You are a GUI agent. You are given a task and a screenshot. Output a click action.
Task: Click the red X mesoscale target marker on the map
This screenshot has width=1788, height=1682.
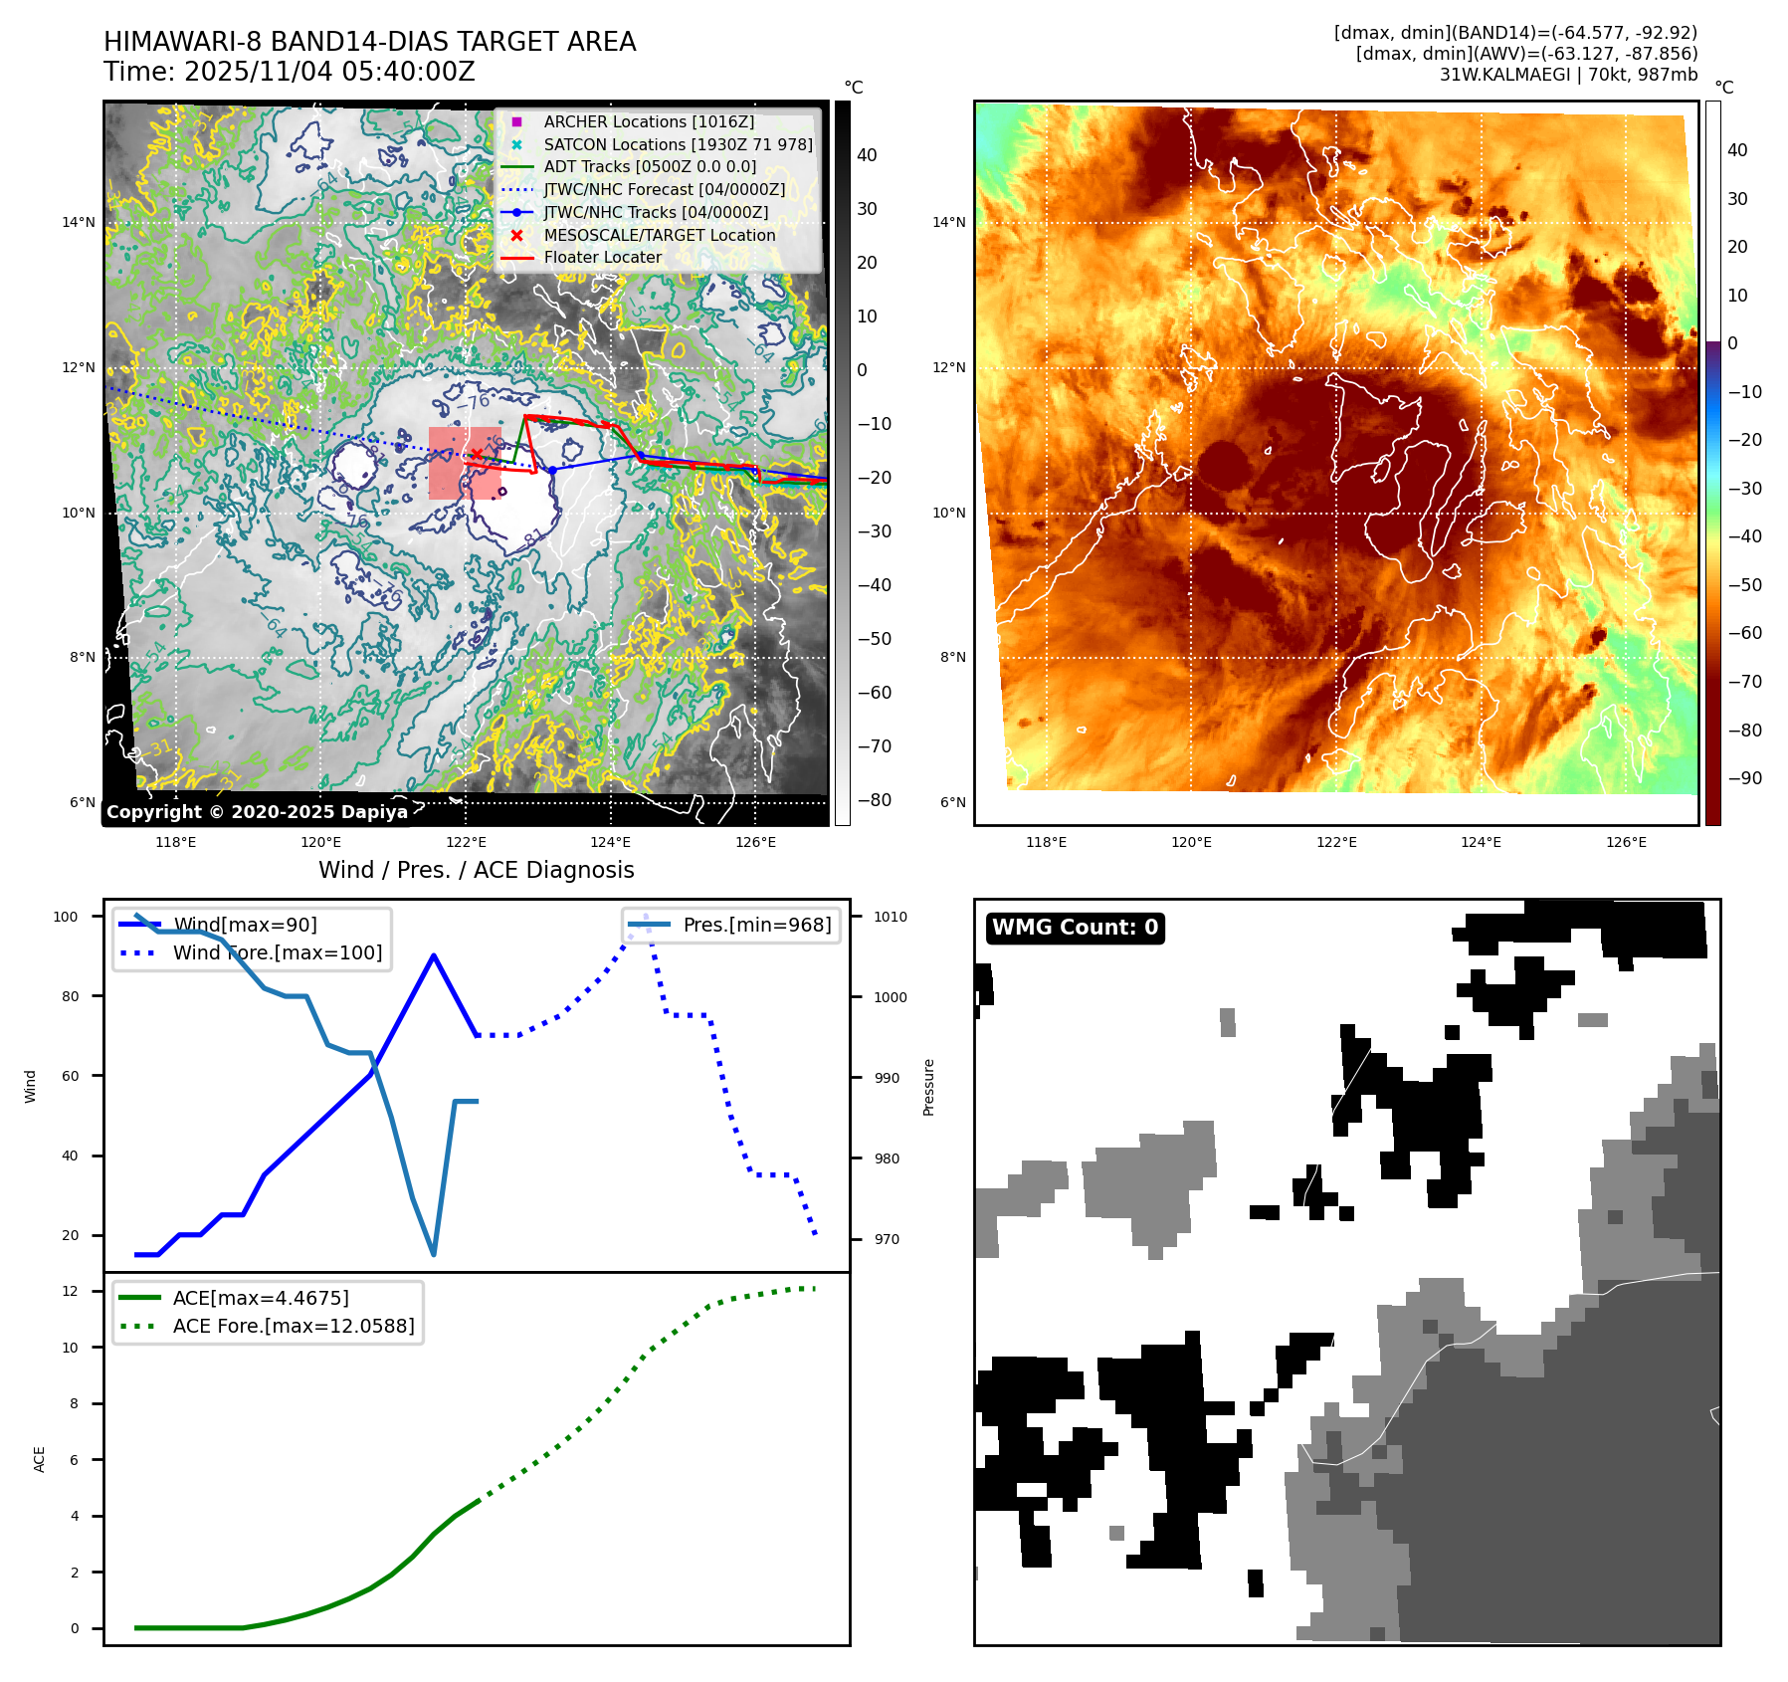pyautogui.click(x=477, y=454)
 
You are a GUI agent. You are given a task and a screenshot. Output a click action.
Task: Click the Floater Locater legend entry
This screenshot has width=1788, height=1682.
pyautogui.click(x=602, y=257)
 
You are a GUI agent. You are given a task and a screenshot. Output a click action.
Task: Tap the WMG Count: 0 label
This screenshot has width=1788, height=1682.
pyautogui.click(x=1075, y=928)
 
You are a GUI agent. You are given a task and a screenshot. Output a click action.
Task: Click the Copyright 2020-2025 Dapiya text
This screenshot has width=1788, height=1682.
pyautogui.click(x=257, y=812)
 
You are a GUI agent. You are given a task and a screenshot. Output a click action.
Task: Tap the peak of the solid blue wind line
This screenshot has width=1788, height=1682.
pyautogui.click(x=434, y=955)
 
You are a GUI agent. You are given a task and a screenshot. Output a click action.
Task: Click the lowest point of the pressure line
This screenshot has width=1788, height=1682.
pyautogui.click(x=434, y=1255)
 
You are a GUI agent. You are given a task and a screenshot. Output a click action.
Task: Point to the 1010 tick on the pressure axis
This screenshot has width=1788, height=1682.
pyautogui.click(x=891, y=917)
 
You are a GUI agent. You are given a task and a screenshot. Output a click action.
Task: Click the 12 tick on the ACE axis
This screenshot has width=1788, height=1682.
pyautogui.click(x=70, y=1291)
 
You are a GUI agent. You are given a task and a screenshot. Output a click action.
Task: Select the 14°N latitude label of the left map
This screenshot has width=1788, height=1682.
pyautogui.click(x=79, y=222)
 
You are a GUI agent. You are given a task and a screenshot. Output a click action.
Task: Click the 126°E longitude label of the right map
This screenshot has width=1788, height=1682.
pyautogui.click(x=1626, y=842)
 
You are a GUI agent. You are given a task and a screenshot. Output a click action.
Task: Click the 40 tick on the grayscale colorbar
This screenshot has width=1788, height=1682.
pyautogui.click(x=867, y=155)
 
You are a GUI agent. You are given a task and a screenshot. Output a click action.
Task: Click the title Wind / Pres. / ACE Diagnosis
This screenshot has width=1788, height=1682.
pyautogui.click(x=476, y=870)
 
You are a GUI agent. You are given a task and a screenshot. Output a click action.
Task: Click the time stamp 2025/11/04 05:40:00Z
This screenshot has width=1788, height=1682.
pyautogui.click(x=329, y=72)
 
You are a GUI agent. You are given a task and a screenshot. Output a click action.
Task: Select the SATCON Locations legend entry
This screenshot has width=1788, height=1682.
pyautogui.click(x=677, y=144)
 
